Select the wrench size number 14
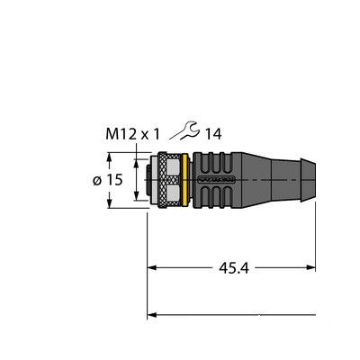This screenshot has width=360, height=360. point(211,135)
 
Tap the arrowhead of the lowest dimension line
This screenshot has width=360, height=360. point(154,315)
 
